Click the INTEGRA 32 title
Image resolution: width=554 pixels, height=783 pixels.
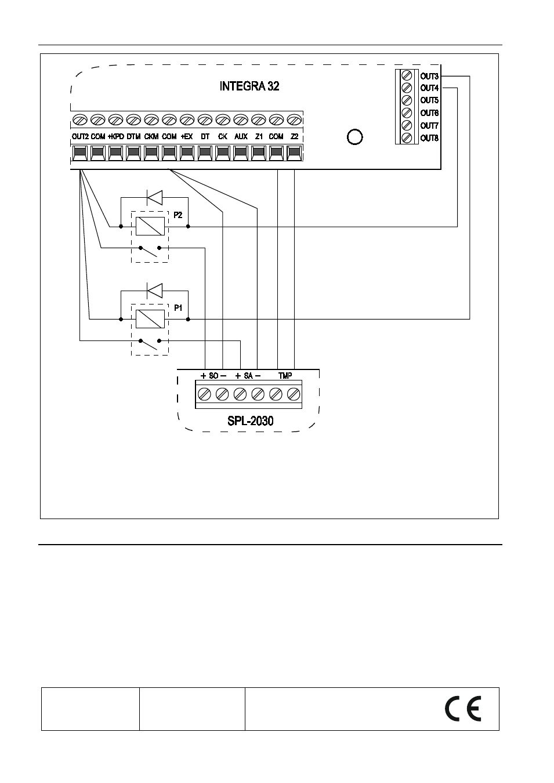249,86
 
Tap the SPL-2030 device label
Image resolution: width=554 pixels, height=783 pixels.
250,421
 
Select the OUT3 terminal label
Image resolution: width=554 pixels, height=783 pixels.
429,76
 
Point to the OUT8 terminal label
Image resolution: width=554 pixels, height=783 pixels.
429,138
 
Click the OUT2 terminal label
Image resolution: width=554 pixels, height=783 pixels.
80,136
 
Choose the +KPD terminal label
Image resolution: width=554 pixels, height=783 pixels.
115,136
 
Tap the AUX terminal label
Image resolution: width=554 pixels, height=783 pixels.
241,136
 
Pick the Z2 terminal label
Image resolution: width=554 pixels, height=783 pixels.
294,136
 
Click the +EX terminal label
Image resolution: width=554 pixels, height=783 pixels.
187,136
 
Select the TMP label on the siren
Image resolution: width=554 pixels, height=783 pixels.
285,376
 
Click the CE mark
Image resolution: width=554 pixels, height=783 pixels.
463,709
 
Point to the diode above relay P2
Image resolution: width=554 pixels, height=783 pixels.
154,198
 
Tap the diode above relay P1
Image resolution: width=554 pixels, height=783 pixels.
154,291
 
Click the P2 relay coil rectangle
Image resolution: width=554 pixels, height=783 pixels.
150,226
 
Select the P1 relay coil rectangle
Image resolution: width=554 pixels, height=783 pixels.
150,319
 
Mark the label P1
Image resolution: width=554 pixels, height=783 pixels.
178,308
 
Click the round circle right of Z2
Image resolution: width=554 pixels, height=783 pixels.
355,137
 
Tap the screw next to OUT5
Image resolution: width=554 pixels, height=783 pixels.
407,100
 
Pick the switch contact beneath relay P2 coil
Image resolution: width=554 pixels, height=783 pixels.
150,251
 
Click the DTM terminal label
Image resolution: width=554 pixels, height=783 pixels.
133,136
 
